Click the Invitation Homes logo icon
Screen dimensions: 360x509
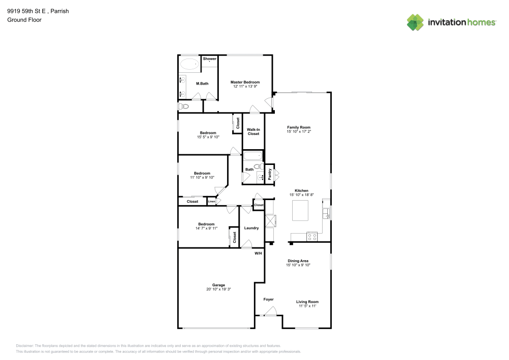pyautogui.click(x=415, y=22)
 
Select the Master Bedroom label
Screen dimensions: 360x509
pyautogui.click(x=245, y=82)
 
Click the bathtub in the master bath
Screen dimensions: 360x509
pyautogui.click(x=190, y=65)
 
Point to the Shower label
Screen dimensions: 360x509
pyautogui.click(x=210, y=59)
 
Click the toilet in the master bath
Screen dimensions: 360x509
pyautogui.click(x=184, y=106)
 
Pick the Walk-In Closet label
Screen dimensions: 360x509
pyautogui.click(x=253, y=131)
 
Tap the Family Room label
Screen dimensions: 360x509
pyautogui.click(x=298, y=127)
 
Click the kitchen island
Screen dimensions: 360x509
pyautogui.click(x=300, y=210)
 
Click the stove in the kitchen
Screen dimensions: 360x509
pyautogui.click(x=312, y=236)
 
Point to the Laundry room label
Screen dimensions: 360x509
pyautogui.click(x=251, y=228)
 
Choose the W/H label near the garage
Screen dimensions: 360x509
pyautogui.click(x=258, y=253)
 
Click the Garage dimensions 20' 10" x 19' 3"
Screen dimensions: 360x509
pyautogui.click(x=218, y=289)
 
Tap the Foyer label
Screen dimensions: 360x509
pyautogui.click(x=268, y=299)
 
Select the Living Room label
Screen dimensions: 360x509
pyautogui.click(x=307, y=301)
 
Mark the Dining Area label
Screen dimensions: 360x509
pyautogui.click(x=298, y=261)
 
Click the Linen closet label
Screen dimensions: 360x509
pyautogui.click(x=211, y=202)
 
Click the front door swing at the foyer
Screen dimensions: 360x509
pyautogui.click(x=272, y=311)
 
